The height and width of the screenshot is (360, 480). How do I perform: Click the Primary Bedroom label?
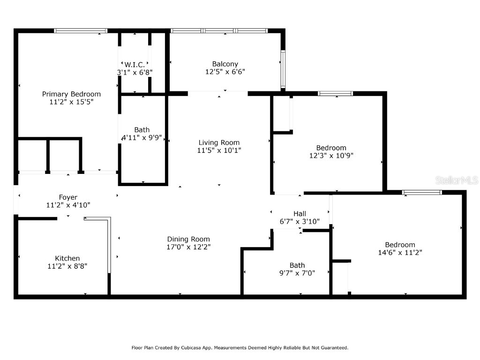click(x=71, y=94)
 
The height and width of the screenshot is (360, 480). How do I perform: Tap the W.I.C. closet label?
click(x=135, y=64)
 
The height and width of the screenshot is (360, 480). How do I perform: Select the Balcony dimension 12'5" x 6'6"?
click(x=225, y=72)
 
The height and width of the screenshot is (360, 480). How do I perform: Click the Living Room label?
click(x=219, y=142)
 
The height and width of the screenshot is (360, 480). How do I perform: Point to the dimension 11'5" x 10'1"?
click(x=219, y=150)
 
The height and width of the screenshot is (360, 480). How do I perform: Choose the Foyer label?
click(x=68, y=197)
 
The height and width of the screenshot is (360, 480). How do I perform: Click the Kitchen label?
click(x=67, y=258)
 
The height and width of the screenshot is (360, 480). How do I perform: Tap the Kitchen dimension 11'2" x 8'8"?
click(x=67, y=266)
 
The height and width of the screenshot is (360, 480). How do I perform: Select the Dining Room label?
click(x=188, y=239)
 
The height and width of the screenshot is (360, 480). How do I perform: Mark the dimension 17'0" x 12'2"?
click(x=188, y=247)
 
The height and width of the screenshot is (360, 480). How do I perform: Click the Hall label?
click(x=300, y=214)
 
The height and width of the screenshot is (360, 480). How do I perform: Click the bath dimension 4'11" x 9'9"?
click(x=142, y=138)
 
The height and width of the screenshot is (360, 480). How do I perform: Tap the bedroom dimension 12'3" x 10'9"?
click(x=331, y=156)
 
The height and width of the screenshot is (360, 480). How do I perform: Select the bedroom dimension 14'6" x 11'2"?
click(x=400, y=252)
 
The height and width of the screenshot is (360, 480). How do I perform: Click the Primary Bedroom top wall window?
click(x=81, y=31)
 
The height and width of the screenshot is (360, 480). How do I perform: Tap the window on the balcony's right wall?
click(x=283, y=69)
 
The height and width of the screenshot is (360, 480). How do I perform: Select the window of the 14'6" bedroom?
click(x=422, y=192)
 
